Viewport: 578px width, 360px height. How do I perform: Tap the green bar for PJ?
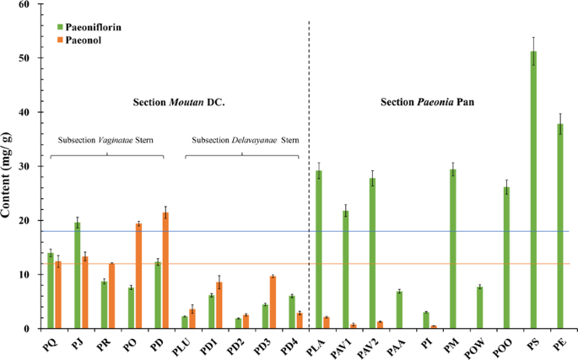78,275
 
